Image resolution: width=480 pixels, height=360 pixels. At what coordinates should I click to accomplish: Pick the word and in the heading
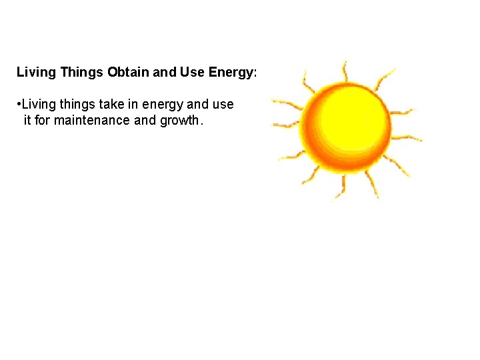pyautogui.click(x=164, y=72)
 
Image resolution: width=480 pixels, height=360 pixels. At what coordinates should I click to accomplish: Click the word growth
pyautogui.click(x=179, y=121)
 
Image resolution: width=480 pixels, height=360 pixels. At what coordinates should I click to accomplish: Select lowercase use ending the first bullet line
pyautogui.click(x=223, y=105)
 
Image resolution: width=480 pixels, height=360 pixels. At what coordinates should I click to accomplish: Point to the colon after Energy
pyautogui.click(x=255, y=73)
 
